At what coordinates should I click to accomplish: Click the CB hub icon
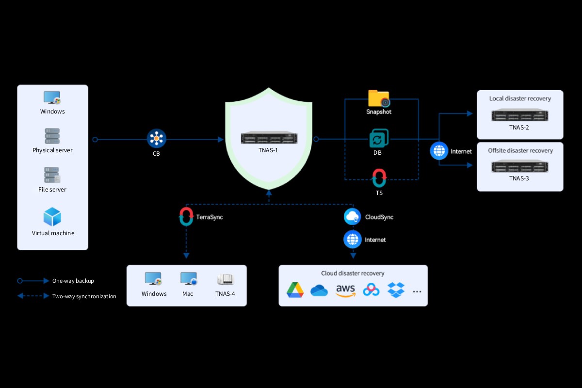coord(156,138)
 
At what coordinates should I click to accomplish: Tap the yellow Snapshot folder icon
coord(379,98)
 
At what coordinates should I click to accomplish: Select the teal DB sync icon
coord(379,138)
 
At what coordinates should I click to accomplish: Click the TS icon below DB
coord(379,178)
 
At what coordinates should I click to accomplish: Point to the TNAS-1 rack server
coord(269,137)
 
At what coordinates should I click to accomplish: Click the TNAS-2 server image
coord(519,114)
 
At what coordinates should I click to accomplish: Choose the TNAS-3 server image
coord(519,166)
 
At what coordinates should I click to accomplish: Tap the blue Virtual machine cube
coord(52,217)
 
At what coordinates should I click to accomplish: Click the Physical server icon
coord(52,136)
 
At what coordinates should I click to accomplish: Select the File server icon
coord(52,175)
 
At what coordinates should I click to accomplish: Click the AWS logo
coord(345,291)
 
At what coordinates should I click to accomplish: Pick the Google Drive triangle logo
coord(295,290)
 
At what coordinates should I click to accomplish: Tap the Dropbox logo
coord(396,290)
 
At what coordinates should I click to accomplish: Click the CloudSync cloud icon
coord(352,216)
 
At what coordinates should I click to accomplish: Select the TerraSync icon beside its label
coord(186,216)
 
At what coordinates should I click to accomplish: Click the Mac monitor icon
coord(189,279)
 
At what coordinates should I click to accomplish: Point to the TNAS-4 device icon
coord(225,279)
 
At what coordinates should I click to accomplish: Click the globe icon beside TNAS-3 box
coord(439,151)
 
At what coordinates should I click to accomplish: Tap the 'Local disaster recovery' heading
coord(520,98)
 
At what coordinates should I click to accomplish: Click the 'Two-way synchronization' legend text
coord(84,296)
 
